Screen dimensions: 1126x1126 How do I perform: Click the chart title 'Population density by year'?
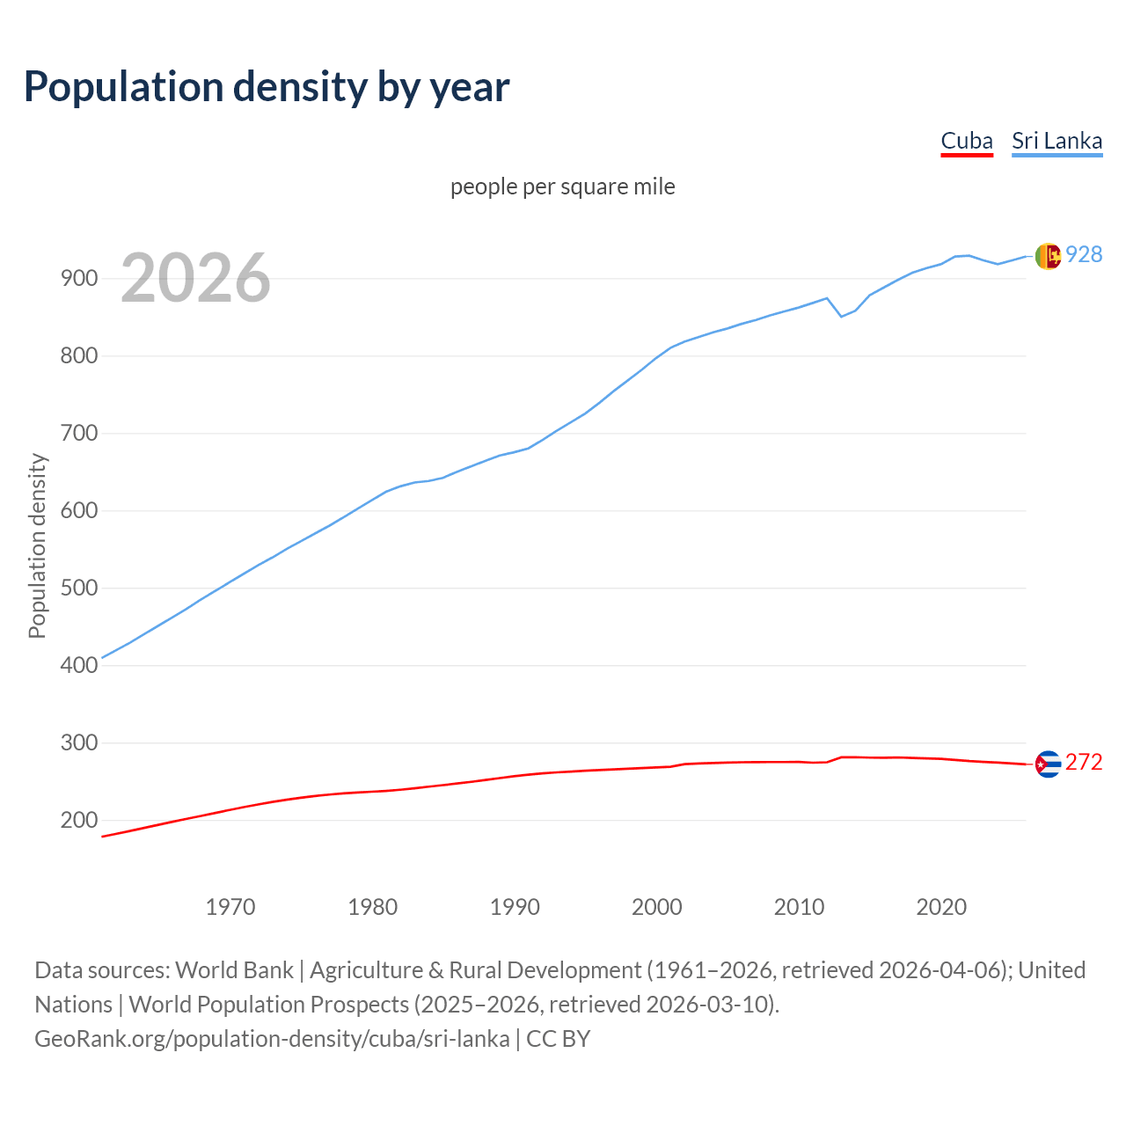click(267, 86)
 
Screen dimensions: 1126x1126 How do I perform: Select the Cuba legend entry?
click(966, 141)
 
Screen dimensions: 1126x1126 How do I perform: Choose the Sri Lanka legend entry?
click(1057, 141)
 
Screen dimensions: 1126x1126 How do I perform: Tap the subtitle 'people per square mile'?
click(562, 186)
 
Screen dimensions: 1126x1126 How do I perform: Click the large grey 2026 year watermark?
click(195, 278)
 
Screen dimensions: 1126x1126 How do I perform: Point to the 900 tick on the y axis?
click(78, 279)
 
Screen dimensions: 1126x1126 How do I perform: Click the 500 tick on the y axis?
click(78, 588)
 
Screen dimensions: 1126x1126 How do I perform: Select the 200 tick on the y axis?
click(78, 820)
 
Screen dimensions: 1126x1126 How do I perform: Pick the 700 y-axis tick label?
click(78, 434)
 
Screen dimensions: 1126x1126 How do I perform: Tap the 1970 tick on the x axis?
click(230, 906)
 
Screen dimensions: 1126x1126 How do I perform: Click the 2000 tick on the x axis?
click(657, 906)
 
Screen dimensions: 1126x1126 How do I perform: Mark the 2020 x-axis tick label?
click(941, 906)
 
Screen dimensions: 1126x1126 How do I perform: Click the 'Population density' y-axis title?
click(37, 545)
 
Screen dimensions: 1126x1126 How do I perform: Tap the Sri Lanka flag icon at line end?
click(1048, 256)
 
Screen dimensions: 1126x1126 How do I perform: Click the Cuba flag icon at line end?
click(1048, 764)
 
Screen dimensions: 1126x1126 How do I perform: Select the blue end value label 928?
click(1084, 254)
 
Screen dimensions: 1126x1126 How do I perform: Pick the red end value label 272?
click(1084, 762)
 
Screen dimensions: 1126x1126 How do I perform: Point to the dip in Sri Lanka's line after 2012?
click(842, 316)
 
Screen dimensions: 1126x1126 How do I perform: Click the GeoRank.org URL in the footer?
click(272, 1039)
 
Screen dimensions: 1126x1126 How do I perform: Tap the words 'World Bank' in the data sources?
click(234, 970)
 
